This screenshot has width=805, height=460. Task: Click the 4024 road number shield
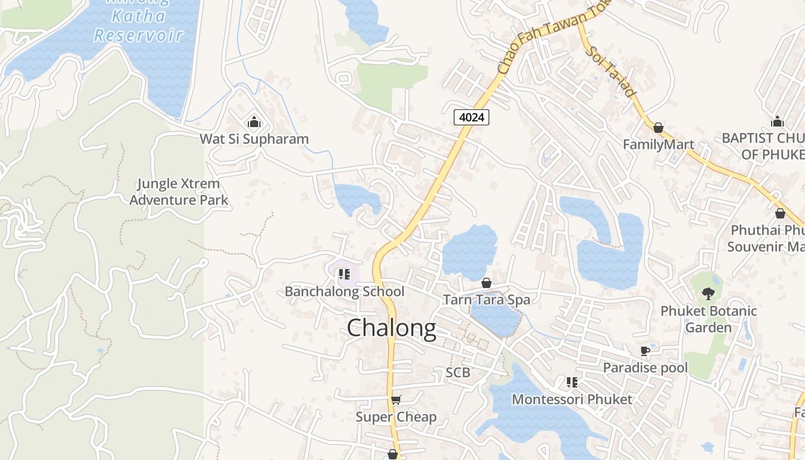(471, 117)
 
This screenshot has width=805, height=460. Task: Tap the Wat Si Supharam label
(254, 139)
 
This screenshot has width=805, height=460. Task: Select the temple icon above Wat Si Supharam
(254, 122)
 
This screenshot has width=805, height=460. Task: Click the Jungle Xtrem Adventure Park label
(178, 192)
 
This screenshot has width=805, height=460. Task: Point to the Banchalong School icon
(344, 274)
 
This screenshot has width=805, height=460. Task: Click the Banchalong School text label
(344, 292)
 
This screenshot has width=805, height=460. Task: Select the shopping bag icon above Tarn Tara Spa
(486, 283)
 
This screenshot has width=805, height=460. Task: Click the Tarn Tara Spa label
(486, 300)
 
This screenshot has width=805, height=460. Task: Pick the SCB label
(458, 373)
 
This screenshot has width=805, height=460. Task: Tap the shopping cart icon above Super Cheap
(396, 400)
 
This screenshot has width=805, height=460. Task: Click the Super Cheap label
(396, 417)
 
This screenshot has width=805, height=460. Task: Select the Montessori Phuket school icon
(572, 382)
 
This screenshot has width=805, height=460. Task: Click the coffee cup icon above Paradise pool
(645, 351)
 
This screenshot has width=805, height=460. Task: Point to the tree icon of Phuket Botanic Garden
(708, 294)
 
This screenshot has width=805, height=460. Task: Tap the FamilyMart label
(658, 144)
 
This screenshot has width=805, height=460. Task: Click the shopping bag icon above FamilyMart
(658, 128)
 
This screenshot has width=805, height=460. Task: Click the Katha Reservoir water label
(139, 25)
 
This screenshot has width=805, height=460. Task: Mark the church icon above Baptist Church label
(777, 121)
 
